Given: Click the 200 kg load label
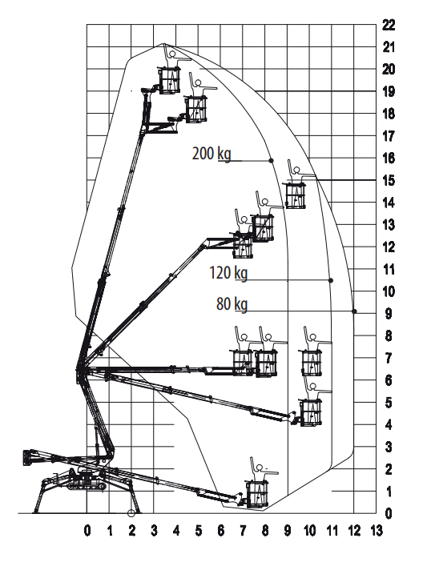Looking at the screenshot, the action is click(x=211, y=154).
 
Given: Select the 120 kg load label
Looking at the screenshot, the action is click(x=228, y=273).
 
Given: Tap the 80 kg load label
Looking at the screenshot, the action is click(x=232, y=304).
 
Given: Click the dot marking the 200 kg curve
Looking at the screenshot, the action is click(x=272, y=160).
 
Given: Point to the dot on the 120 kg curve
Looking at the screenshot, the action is click(x=331, y=280).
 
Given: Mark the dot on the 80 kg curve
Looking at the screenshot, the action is click(x=354, y=311).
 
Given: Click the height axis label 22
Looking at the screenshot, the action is click(x=389, y=25).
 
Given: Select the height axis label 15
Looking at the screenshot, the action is click(x=389, y=180).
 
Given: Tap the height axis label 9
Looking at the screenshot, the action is click(x=389, y=314).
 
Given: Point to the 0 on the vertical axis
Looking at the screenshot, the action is click(x=389, y=514).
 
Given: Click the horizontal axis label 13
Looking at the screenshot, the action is click(x=377, y=531).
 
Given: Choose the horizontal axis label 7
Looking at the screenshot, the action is click(x=243, y=531).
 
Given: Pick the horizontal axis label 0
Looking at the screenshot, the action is click(x=87, y=531).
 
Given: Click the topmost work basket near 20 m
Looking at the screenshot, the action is click(x=169, y=80).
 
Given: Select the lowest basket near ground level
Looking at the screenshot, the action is click(x=257, y=494).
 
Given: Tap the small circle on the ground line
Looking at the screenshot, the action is click(x=131, y=513).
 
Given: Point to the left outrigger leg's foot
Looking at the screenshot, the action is click(x=36, y=512).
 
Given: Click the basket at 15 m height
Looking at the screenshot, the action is click(x=296, y=195).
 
